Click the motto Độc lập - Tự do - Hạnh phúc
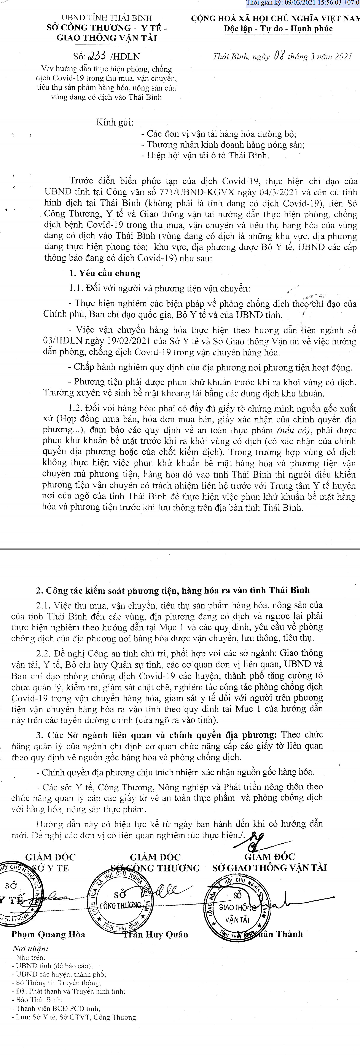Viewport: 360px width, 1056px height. (x=278, y=29)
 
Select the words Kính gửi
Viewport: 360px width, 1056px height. (x=115, y=122)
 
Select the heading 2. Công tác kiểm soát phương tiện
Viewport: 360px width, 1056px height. (x=172, y=590)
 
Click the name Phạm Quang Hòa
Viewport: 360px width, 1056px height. (x=48, y=934)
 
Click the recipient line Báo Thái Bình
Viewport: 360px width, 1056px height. (x=39, y=999)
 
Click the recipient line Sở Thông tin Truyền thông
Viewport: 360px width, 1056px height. (x=58, y=983)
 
